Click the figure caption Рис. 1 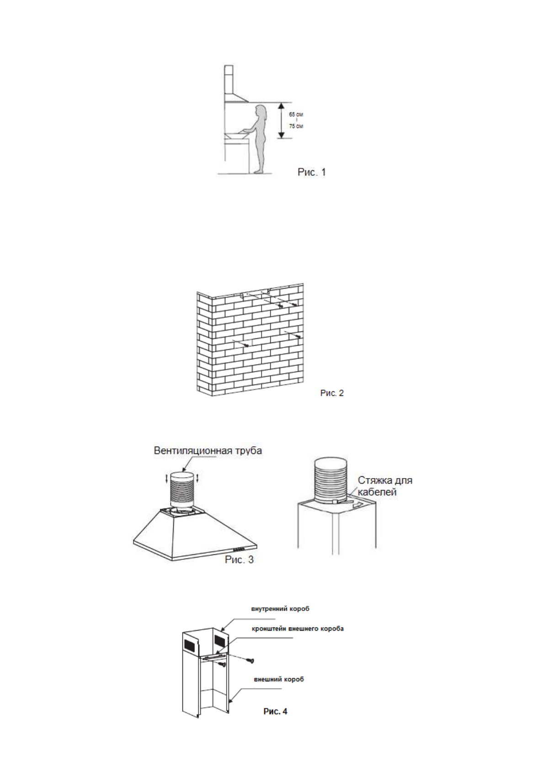click(312, 172)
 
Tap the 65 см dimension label click(296, 115)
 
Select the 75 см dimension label click(296, 126)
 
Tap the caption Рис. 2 click(332, 393)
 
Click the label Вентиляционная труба click(208, 451)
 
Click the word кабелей click(377, 492)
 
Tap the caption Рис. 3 click(239, 559)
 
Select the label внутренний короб click(280, 609)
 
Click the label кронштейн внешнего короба click(298, 629)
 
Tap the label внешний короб click(279, 679)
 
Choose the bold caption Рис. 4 click(275, 711)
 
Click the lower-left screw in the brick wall click(246, 346)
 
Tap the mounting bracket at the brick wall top click(255, 293)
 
